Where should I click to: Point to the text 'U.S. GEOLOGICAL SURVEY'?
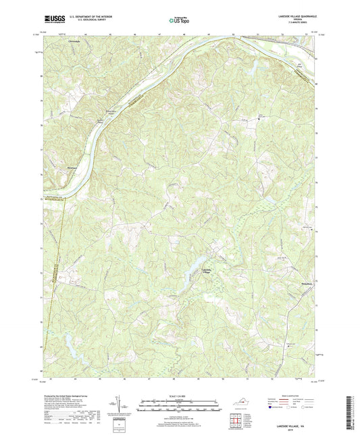coord(81,21)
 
